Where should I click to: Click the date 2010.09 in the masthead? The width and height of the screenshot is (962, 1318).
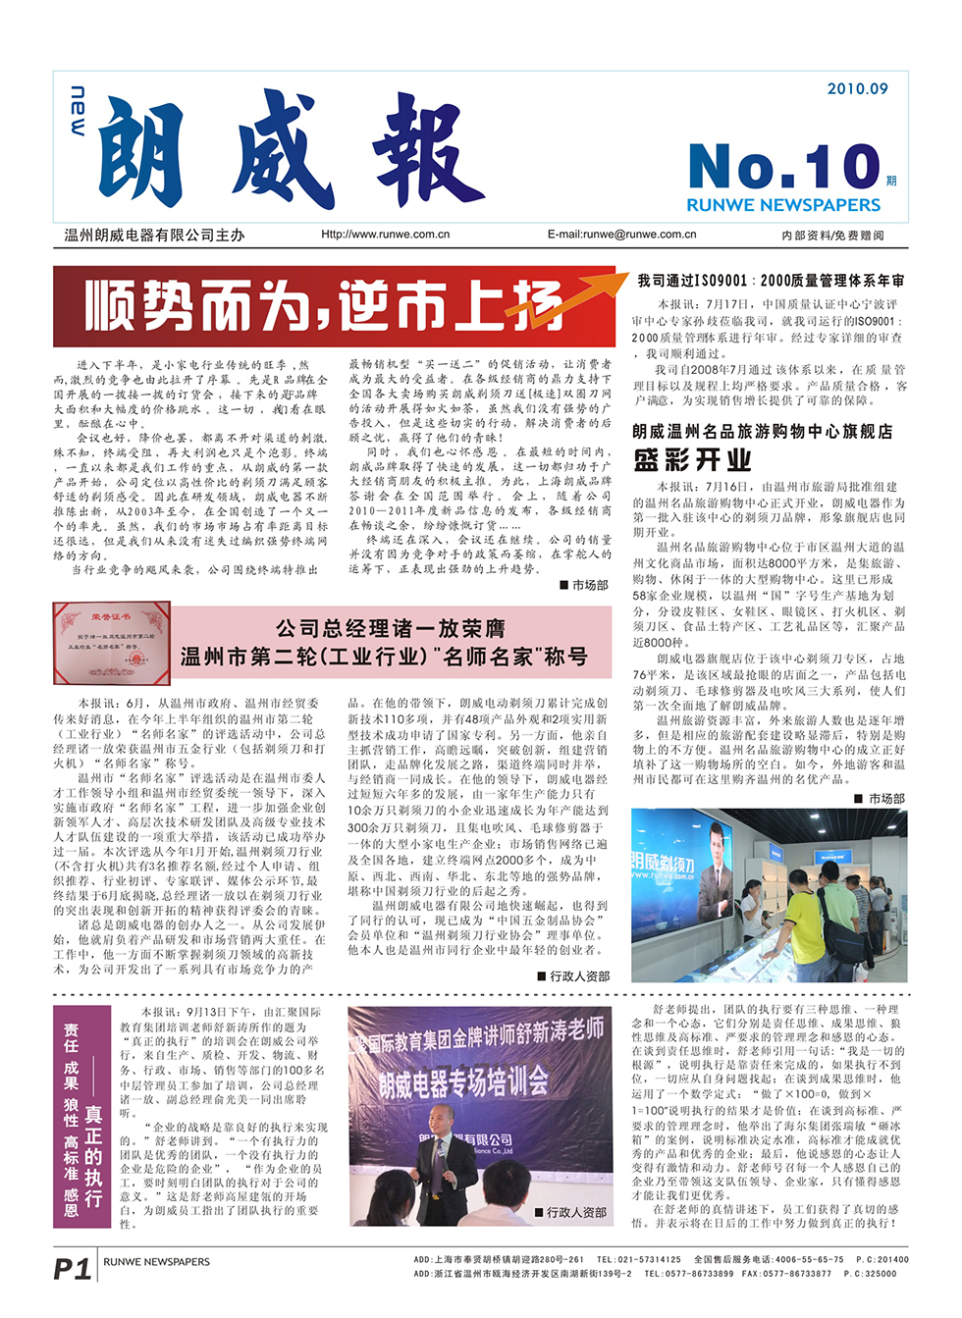coord(857,89)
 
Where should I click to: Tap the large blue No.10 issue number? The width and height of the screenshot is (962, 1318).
coord(784,166)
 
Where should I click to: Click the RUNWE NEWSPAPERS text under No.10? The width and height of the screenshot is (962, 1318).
coord(783,205)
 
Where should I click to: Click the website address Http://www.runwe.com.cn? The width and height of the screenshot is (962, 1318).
coord(385,235)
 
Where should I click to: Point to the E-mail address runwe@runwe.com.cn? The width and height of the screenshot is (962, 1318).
coord(621,235)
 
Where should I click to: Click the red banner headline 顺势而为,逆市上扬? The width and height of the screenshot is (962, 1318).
coord(323,305)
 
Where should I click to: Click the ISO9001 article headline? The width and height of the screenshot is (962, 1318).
coord(771,281)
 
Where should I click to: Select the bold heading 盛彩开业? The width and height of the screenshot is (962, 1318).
coord(693,460)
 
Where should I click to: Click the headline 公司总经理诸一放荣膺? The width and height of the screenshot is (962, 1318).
coord(391,628)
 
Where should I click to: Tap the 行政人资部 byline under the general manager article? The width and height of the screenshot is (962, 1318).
coord(573,976)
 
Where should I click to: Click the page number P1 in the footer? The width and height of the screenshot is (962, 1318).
coord(72,1269)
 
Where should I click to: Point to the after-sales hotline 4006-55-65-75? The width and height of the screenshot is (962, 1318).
coord(809,1259)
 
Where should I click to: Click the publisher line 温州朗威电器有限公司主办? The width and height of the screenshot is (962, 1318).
coord(154,236)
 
